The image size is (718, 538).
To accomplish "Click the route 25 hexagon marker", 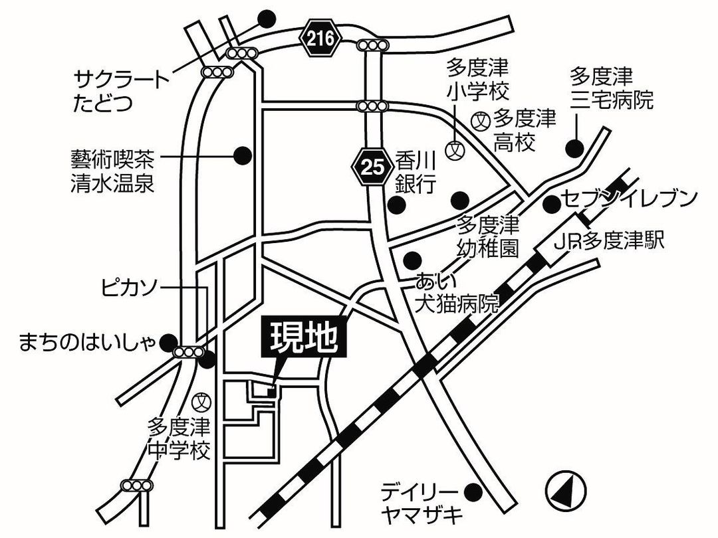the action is (372, 167).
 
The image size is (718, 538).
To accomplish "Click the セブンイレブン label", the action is (629, 199).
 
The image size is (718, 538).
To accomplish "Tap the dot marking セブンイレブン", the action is (550, 205).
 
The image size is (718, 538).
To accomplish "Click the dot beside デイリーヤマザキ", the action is (473, 492).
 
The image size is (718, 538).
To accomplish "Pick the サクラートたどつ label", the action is (121, 92).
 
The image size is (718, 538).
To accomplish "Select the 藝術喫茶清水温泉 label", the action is (112, 171).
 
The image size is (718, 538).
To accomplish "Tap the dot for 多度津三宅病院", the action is (574, 147).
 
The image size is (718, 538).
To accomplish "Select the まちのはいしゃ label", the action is (87, 341).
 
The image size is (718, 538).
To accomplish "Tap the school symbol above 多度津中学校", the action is (202, 401).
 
